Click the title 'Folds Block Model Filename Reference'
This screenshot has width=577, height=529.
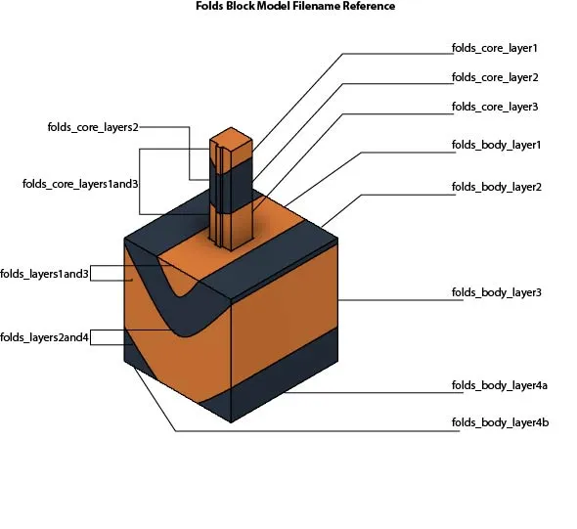tap(295, 6)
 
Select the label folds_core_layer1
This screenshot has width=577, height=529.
tap(495, 48)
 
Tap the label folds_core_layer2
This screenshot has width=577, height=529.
tap(495, 77)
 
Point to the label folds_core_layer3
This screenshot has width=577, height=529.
tap(495, 107)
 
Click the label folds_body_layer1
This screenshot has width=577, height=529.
tap(497, 146)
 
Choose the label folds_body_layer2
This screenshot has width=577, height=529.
tap(497, 187)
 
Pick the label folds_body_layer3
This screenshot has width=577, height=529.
tap(497, 292)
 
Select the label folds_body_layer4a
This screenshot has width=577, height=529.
tap(500, 385)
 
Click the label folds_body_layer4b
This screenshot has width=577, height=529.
tap(501, 422)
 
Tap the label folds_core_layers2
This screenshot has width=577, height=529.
tap(93, 127)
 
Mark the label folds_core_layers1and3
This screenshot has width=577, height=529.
tap(80, 184)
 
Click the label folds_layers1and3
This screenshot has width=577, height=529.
tap(45, 274)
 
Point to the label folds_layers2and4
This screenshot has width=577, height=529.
tap(45, 337)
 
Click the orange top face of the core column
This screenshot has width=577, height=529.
tap(231, 139)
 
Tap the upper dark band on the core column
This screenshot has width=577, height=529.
tap(231, 187)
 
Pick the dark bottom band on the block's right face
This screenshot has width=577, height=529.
tap(284, 375)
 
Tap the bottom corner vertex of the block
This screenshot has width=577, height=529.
tap(231, 422)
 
